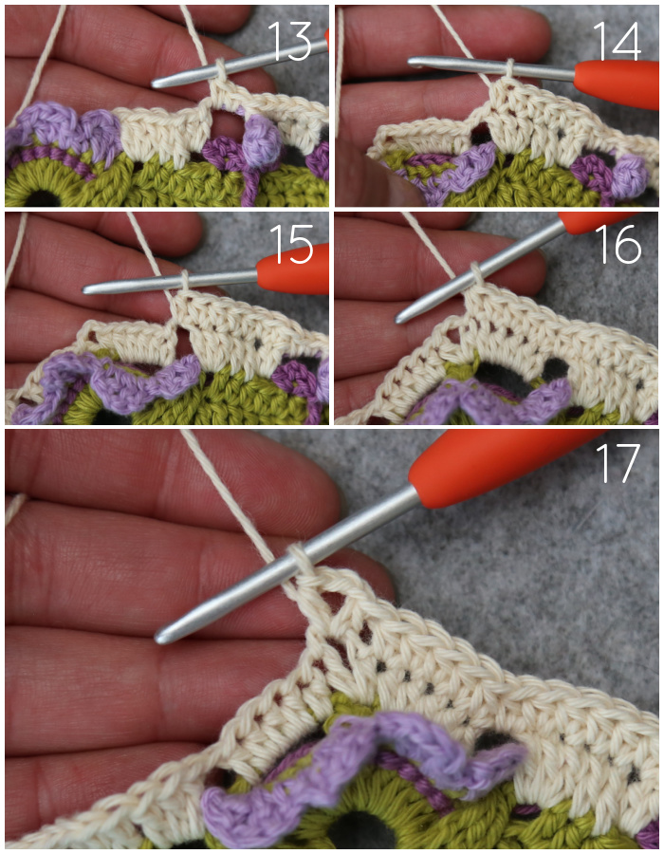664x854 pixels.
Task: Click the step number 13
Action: (289, 42)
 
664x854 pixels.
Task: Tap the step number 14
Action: (617, 41)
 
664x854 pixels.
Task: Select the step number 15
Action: (291, 245)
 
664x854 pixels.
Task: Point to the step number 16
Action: (618, 245)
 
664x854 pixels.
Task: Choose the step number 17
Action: (618, 463)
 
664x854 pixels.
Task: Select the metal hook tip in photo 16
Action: (400, 318)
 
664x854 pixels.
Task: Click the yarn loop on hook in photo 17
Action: (300, 557)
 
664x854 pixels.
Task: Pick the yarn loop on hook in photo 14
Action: (509, 69)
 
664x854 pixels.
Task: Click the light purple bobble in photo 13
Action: (262, 144)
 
